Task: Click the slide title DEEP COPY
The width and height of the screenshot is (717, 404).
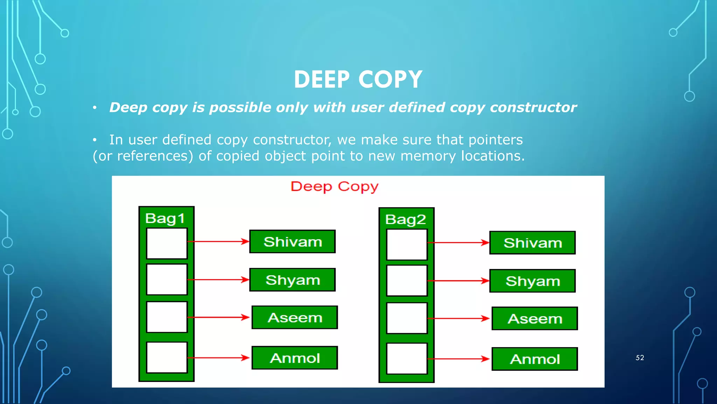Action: coord(358,79)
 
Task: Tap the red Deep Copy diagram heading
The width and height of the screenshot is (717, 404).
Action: coord(334,187)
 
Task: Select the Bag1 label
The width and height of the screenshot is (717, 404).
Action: coord(165,218)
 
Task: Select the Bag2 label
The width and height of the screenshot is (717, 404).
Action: coord(405,220)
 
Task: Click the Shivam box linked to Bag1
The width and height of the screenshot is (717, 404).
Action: coord(292,242)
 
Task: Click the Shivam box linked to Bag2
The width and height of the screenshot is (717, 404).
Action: coord(532,243)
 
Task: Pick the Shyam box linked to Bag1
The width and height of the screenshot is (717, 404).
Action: coord(292,280)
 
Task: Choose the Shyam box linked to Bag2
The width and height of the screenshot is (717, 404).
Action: coord(532,281)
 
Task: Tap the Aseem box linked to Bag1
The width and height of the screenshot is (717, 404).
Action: coord(295,317)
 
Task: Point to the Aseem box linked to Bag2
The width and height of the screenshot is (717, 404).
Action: coord(535,318)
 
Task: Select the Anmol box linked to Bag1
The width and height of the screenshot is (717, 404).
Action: coord(295,358)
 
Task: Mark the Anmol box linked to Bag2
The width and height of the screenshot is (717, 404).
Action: coord(535,359)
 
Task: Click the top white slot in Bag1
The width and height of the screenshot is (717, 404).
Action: coord(167,243)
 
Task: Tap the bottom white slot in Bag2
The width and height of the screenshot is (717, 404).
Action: coord(407,358)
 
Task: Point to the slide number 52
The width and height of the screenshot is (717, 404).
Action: coord(640,358)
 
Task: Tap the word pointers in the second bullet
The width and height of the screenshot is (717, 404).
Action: coord(495,140)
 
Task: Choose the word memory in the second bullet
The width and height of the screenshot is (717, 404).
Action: coord(428,156)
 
